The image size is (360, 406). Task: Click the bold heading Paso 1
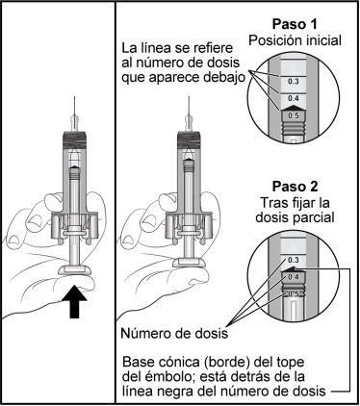tap(295, 24)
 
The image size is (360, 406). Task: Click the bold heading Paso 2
tap(295, 187)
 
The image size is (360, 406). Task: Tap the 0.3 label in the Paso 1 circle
tap(293, 82)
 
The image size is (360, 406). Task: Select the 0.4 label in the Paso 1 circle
tap(293, 98)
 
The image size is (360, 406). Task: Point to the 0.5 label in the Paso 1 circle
tap(294, 115)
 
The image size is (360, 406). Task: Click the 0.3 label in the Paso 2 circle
tap(293, 260)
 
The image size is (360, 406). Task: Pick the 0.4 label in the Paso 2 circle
tap(294, 277)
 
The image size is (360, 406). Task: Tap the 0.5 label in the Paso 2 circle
tap(293, 293)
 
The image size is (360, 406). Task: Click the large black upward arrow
tap(74, 301)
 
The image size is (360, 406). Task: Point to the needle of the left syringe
tap(74, 108)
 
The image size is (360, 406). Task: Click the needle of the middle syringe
tap(189, 108)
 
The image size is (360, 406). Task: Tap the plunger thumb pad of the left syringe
tap(74, 270)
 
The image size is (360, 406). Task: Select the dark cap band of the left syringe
tap(74, 140)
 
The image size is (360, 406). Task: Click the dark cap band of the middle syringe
tap(189, 140)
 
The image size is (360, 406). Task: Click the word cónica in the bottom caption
tap(174, 363)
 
